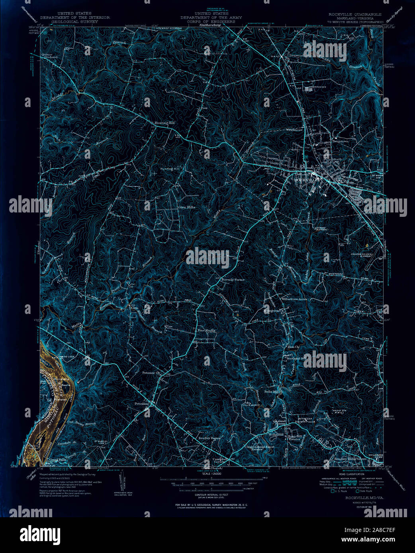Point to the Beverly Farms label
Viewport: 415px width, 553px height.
(233, 280)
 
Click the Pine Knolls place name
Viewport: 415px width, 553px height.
(207, 331)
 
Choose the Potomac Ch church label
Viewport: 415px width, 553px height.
(151, 373)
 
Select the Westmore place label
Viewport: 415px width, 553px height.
(294, 130)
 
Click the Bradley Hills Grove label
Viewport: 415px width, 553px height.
(350, 458)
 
